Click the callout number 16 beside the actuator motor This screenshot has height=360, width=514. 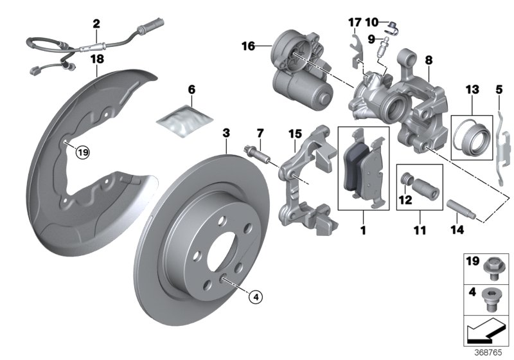point(249,46)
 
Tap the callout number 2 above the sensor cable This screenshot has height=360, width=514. point(96,24)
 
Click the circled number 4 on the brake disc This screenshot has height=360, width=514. point(255,296)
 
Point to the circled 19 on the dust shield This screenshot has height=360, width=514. point(82,152)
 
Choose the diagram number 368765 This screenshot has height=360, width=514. point(493,353)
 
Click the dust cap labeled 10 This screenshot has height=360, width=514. point(393,27)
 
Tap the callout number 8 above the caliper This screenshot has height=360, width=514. point(429,60)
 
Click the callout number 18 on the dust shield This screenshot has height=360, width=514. point(96,59)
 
